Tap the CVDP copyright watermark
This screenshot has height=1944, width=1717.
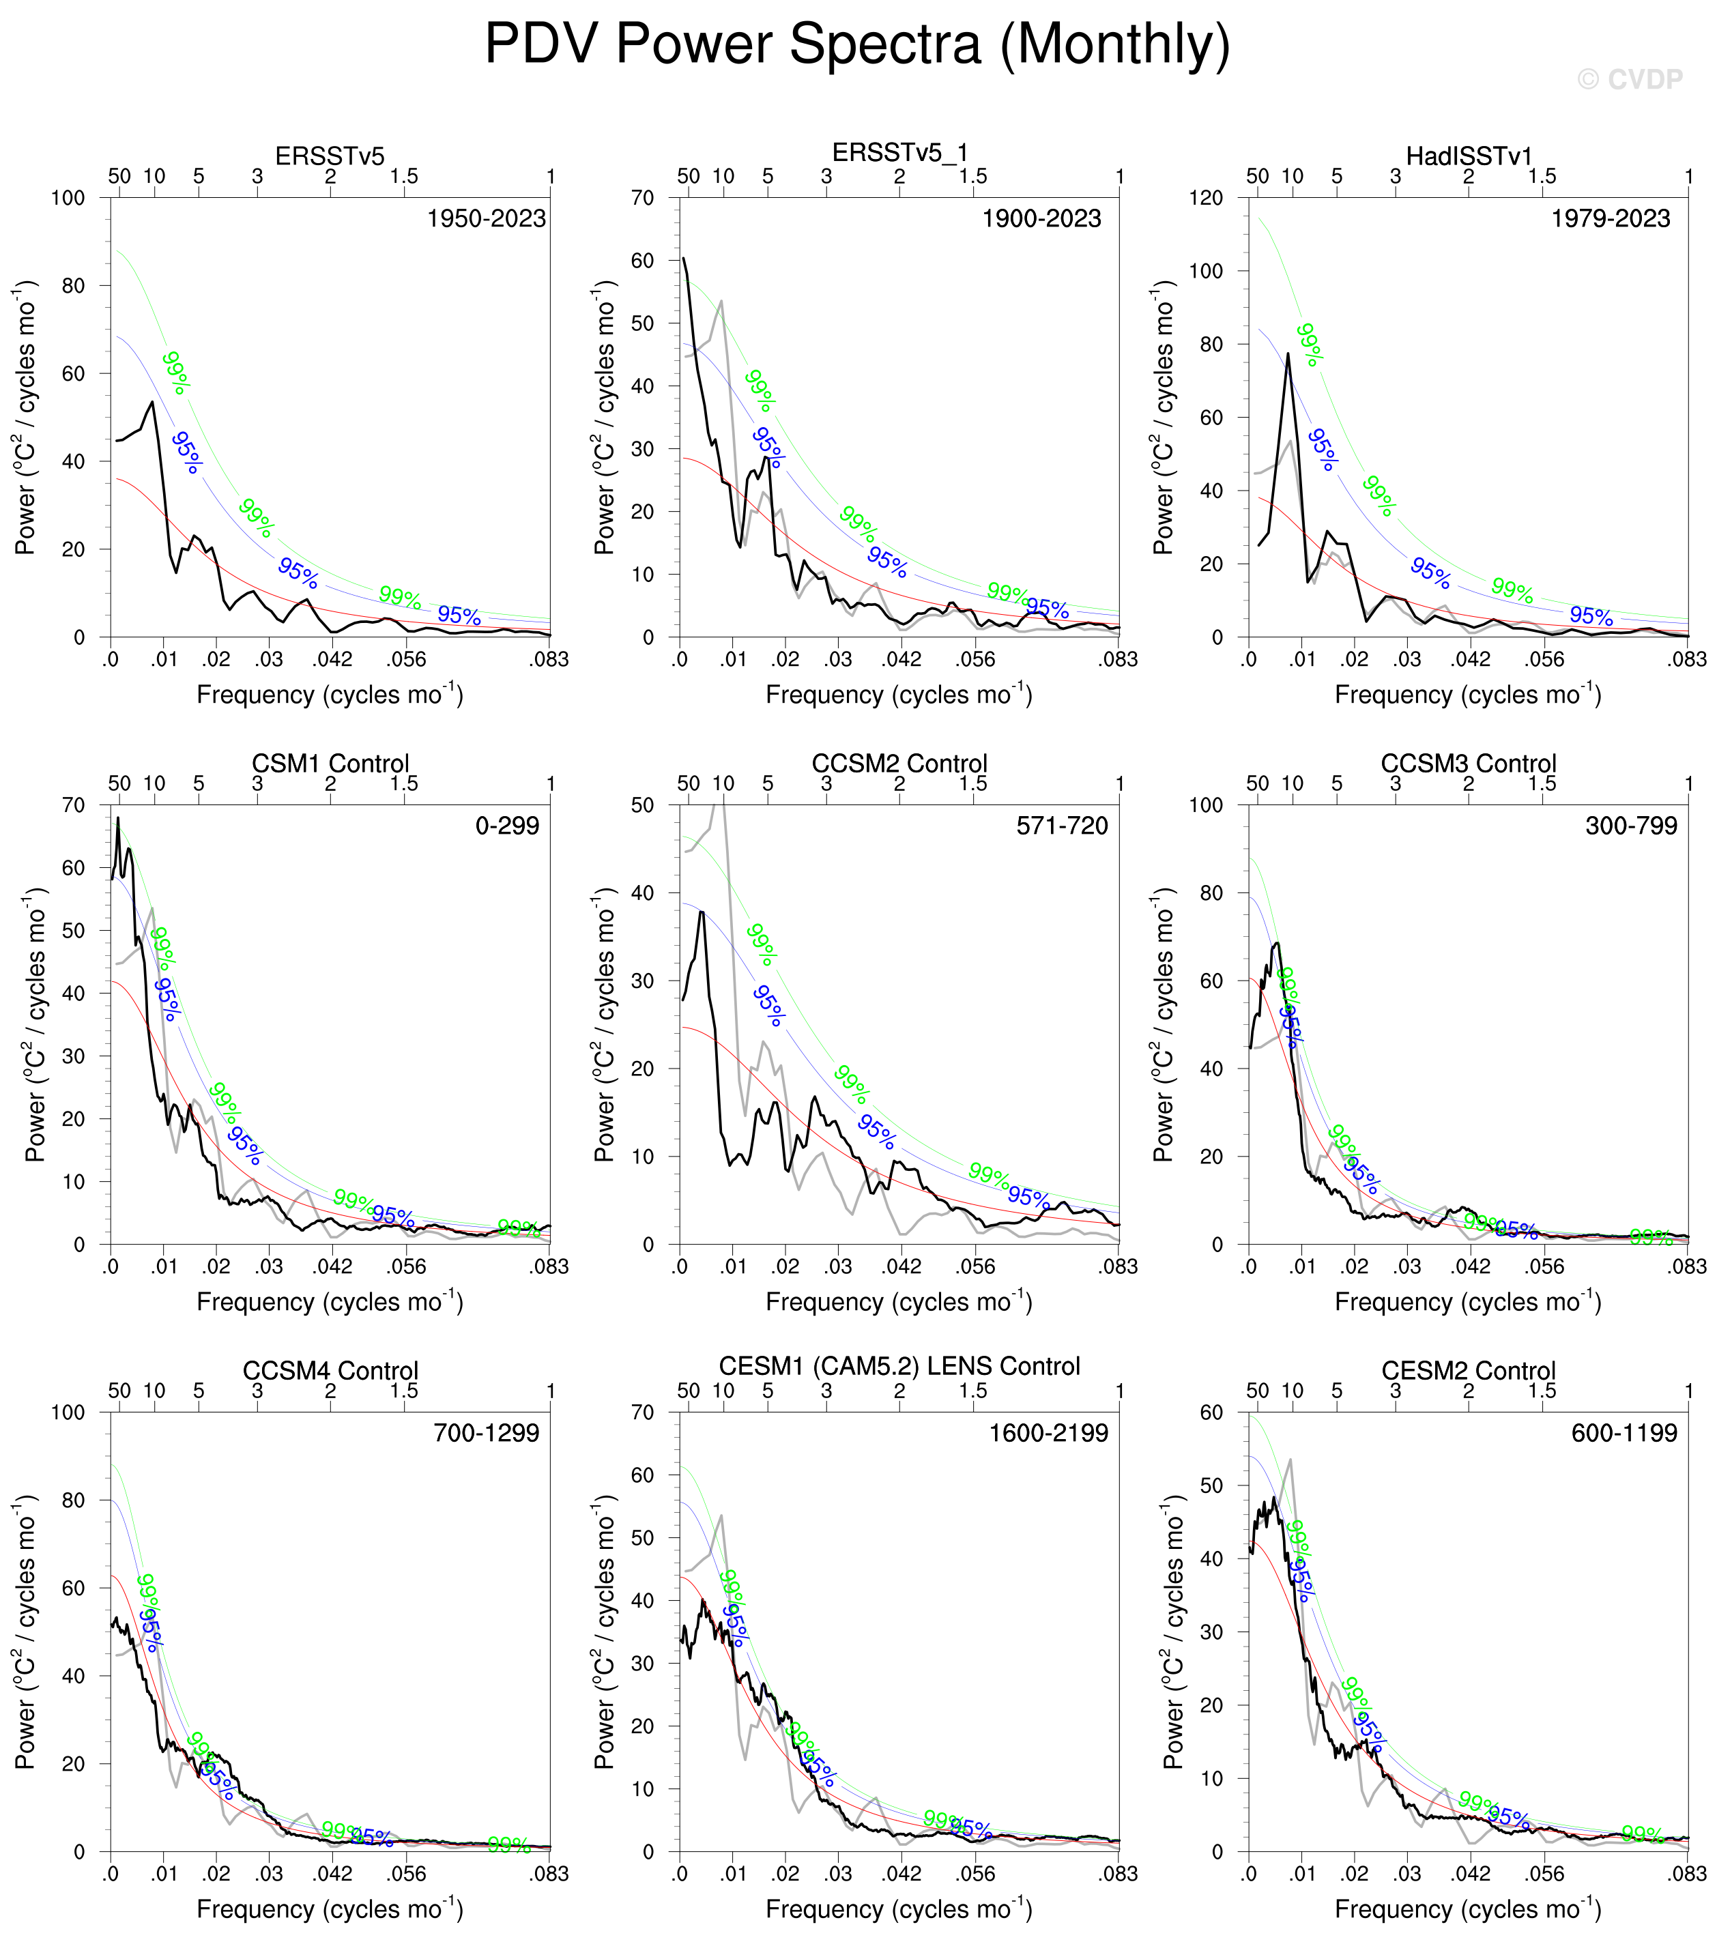[x=1630, y=80]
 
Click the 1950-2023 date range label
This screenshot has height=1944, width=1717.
[x=486, y=219]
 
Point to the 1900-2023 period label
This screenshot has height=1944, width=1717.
[x=1041, y=219]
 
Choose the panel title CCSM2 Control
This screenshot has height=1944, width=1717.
[x=899, y=764]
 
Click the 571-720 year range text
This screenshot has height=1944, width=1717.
[x=1062, y=826]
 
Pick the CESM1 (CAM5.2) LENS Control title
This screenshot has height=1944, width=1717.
[x=899, y=1367]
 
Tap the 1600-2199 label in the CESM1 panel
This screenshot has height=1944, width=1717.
[x=1048, y=1434]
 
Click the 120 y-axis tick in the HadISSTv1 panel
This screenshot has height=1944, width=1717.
[x=1206, y=198]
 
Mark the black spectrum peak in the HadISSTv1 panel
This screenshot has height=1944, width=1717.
[x=1288, y=354]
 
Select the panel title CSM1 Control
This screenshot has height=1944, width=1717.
[x=330, y=764]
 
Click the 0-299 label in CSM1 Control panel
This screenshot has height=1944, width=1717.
[x=507, y=826]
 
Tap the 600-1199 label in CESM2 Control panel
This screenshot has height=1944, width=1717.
[x=1624, y=1434]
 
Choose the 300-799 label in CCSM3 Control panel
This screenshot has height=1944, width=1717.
[x=1630, y=826]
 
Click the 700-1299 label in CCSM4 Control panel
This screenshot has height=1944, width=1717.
[x=486, y=1434]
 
